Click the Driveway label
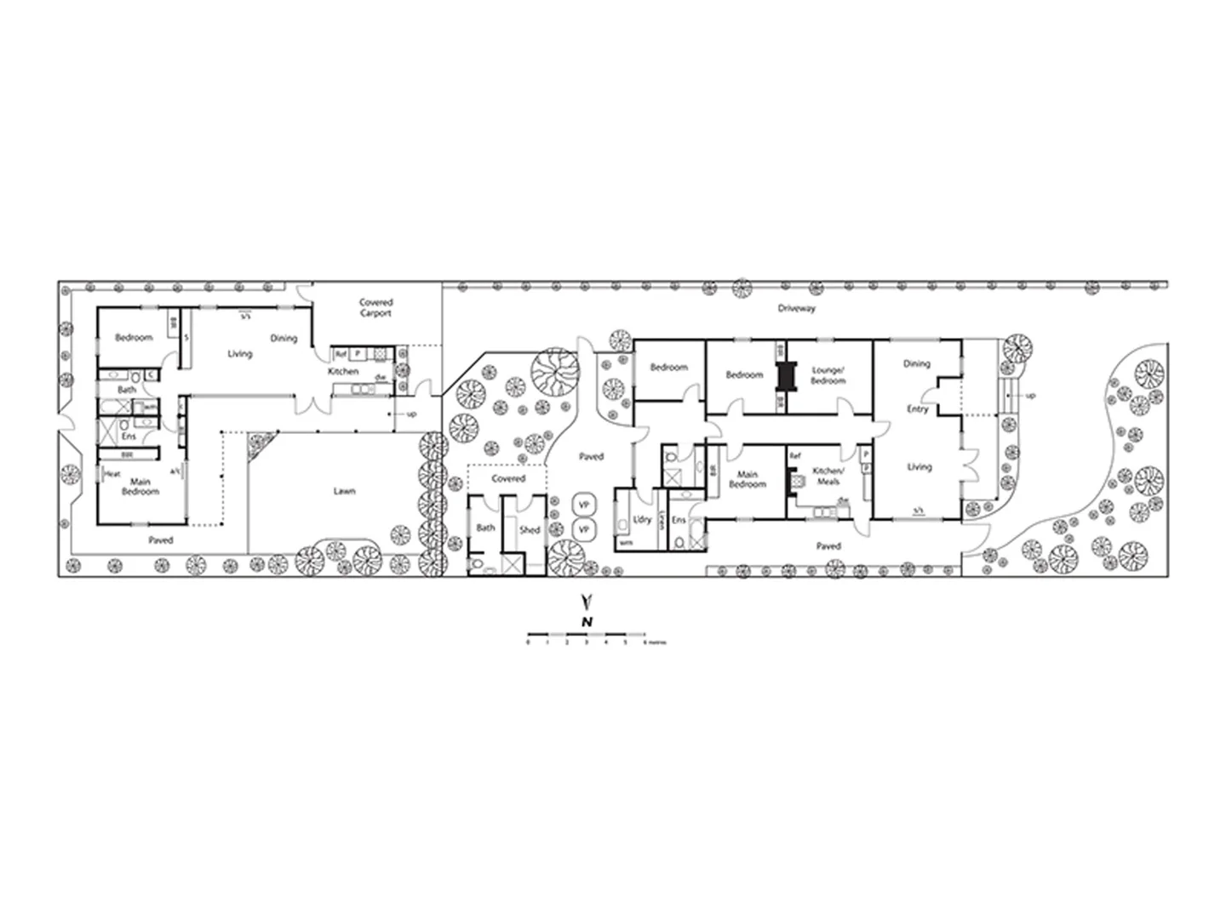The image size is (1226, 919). (796, 308)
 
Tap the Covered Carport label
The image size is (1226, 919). (375, 307)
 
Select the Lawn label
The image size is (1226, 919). (344, 491)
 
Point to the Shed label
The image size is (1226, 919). (530, 529)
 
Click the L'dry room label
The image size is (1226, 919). (643, 520)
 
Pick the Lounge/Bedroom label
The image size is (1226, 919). (828, 375)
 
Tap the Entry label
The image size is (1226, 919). (917, 409)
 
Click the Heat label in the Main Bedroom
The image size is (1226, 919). (112, 474)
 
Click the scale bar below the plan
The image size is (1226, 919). (586, 635)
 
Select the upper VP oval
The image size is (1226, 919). (584, 505)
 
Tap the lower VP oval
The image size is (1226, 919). (584, 529)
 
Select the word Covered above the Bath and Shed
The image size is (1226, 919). (508, 478)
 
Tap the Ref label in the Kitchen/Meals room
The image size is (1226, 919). (795, 456)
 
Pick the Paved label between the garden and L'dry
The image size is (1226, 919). (591, 457)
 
